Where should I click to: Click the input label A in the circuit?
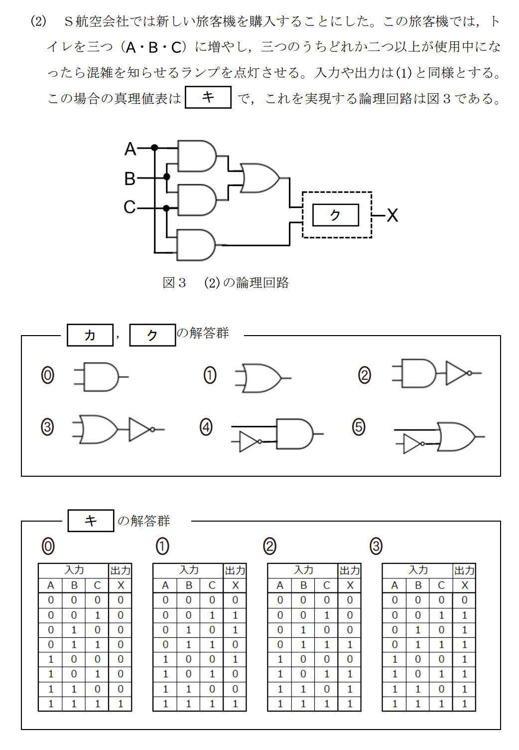point(130,149)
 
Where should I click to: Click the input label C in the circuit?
point(130,206)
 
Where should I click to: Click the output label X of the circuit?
point(392,215)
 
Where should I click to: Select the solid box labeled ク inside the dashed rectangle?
point(335,215)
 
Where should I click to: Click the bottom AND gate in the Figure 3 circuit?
point(196,245)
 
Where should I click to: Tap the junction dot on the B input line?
point(167,177)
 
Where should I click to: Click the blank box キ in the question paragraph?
point(208,97)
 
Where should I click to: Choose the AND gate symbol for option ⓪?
point(102,376)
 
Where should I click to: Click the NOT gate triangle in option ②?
point(457,373)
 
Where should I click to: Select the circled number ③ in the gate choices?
point(47,427)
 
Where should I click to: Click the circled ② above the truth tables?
point(269,546)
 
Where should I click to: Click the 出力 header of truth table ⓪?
point(121,570)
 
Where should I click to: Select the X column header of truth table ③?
point(465,585)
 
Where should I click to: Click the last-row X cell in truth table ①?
point(235,704)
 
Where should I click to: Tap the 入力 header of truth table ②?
point(303,570)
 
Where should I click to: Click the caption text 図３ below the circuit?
point(174,283)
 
